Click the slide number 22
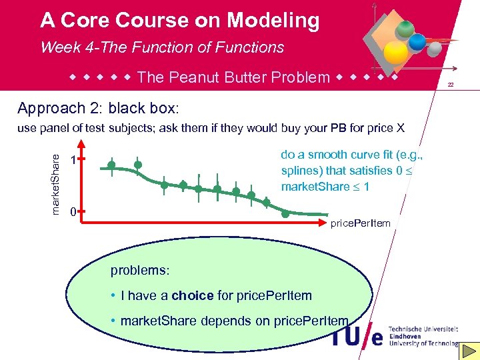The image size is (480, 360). [451, 85]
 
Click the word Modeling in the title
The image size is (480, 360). [273, 21]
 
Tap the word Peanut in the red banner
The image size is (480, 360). [196, 77]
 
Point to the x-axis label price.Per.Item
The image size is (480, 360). [361, 223]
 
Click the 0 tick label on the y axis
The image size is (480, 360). [73, 212]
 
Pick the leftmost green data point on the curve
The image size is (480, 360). [111, 165]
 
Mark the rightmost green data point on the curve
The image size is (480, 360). [285, 213]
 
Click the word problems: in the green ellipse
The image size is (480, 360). [140, 271]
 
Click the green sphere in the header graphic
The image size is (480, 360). [403, 31]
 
